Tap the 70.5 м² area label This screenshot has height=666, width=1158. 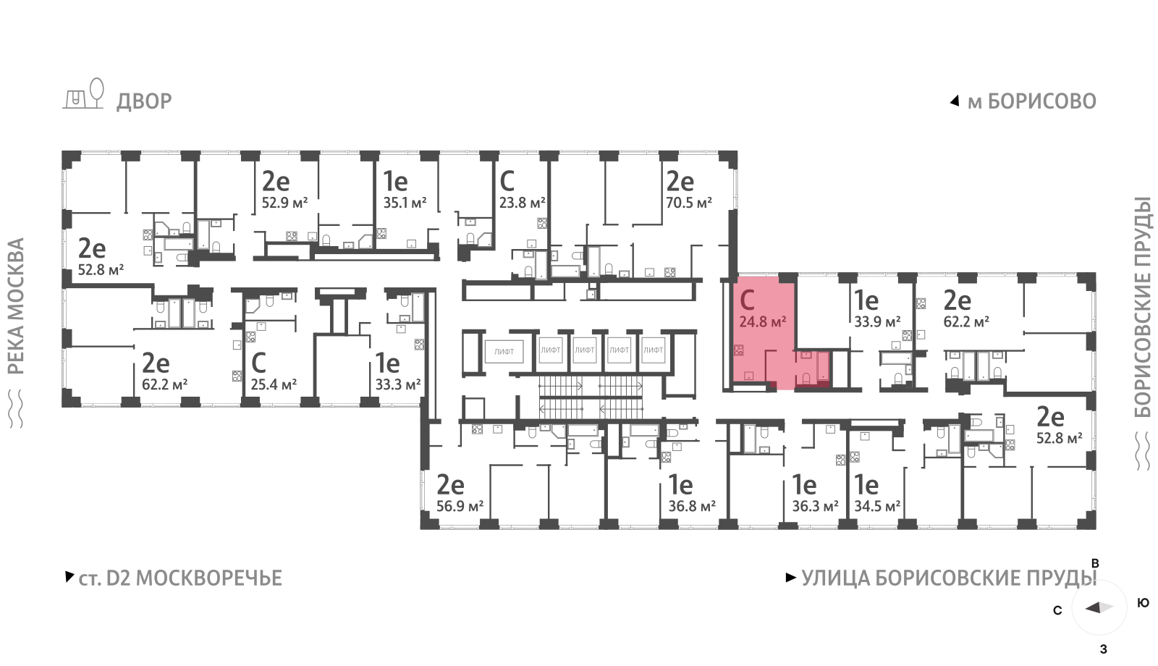(688, 203)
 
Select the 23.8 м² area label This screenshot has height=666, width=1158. (522, 203)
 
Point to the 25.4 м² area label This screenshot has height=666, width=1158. (274, 385)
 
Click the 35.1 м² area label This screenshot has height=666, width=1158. (405, 203)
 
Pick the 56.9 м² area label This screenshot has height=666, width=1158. (460, 506)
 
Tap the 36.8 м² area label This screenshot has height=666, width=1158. (692, 506)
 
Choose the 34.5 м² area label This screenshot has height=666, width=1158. (877, 506)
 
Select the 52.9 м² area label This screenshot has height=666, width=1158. (284, 203)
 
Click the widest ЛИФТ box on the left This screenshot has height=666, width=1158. (504, 352)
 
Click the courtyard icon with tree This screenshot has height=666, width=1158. (83, 93)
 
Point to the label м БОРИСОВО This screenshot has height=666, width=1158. (1032, 102)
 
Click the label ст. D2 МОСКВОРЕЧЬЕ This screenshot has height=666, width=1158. (180, 578)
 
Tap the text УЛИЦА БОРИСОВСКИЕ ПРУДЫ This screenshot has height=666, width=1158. (949, 578)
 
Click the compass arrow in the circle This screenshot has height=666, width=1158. (1099, 607)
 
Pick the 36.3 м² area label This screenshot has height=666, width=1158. (815, 506)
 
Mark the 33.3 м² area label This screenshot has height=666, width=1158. (398, 385)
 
